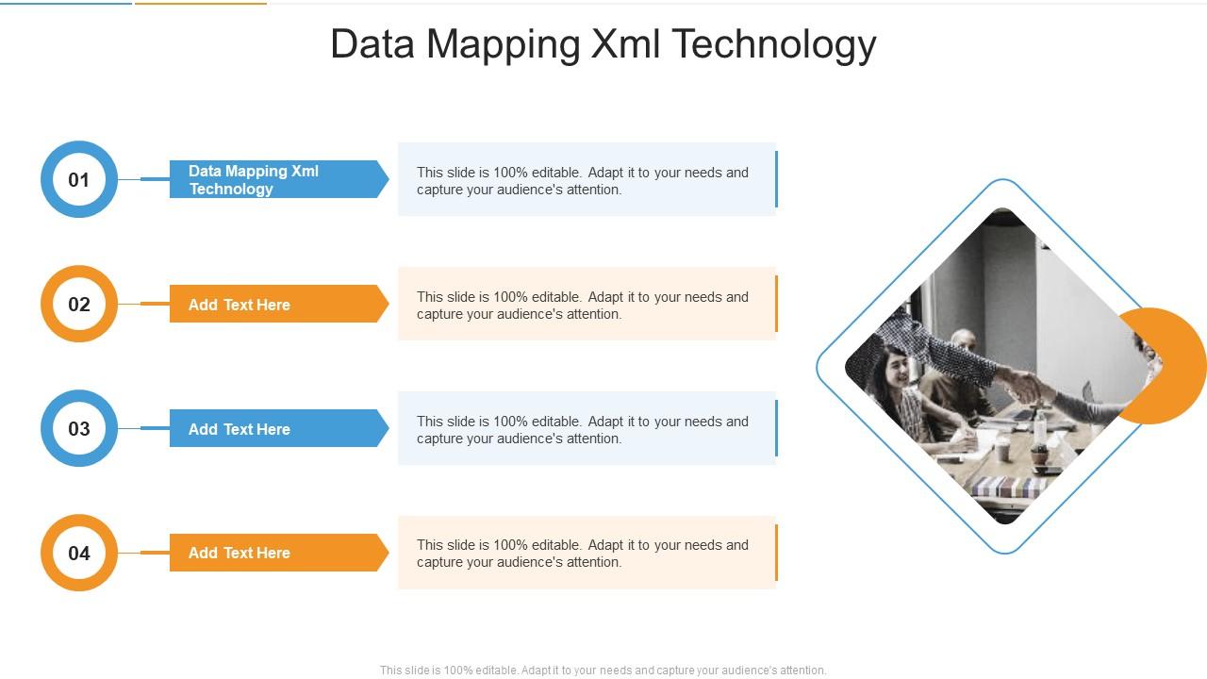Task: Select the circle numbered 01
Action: click(79, 179)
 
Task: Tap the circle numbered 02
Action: click(79, 304)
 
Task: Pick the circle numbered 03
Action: click(79, 428)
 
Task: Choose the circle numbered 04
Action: click(79, 553)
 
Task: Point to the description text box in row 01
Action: click(585, 180)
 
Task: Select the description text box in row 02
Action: click(585, 305)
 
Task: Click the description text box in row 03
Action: click(585, 429)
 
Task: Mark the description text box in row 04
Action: click(585, 553)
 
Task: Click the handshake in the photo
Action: click(1023, 385)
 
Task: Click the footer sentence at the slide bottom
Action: click(603, 671)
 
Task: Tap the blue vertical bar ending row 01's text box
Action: click(776, 179)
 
